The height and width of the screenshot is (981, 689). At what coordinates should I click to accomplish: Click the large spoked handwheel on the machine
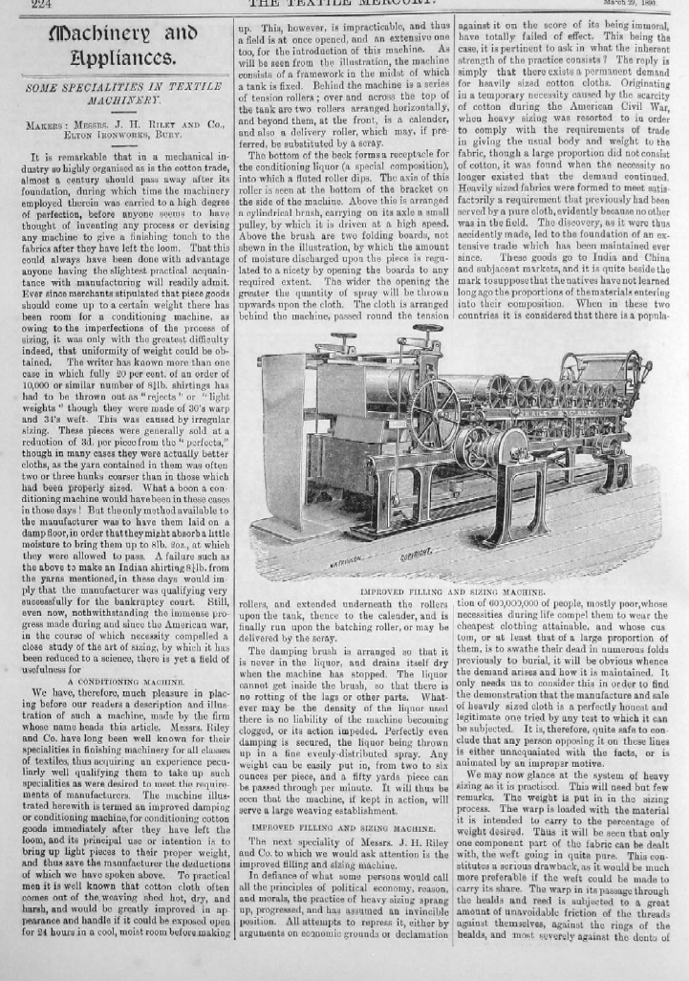435,410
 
